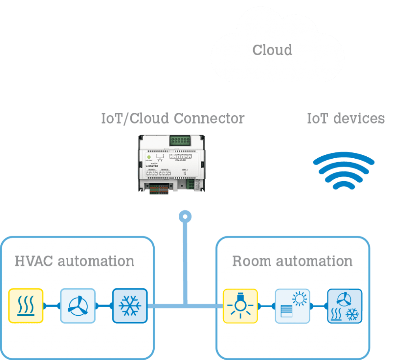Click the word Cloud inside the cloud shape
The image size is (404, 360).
point(272,50)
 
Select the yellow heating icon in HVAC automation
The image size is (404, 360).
point(26,306)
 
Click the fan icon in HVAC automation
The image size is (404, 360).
point(78,306)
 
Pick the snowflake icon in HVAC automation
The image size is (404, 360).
point(130,306)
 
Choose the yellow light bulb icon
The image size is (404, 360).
point(240,306)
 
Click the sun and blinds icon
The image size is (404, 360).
point(292,306)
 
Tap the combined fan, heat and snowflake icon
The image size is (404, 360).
point(344,306)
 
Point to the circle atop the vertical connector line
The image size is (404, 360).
point(185,216)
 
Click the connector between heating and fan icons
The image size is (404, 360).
point(52,306)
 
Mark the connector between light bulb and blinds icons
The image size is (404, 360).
point(266,306)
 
